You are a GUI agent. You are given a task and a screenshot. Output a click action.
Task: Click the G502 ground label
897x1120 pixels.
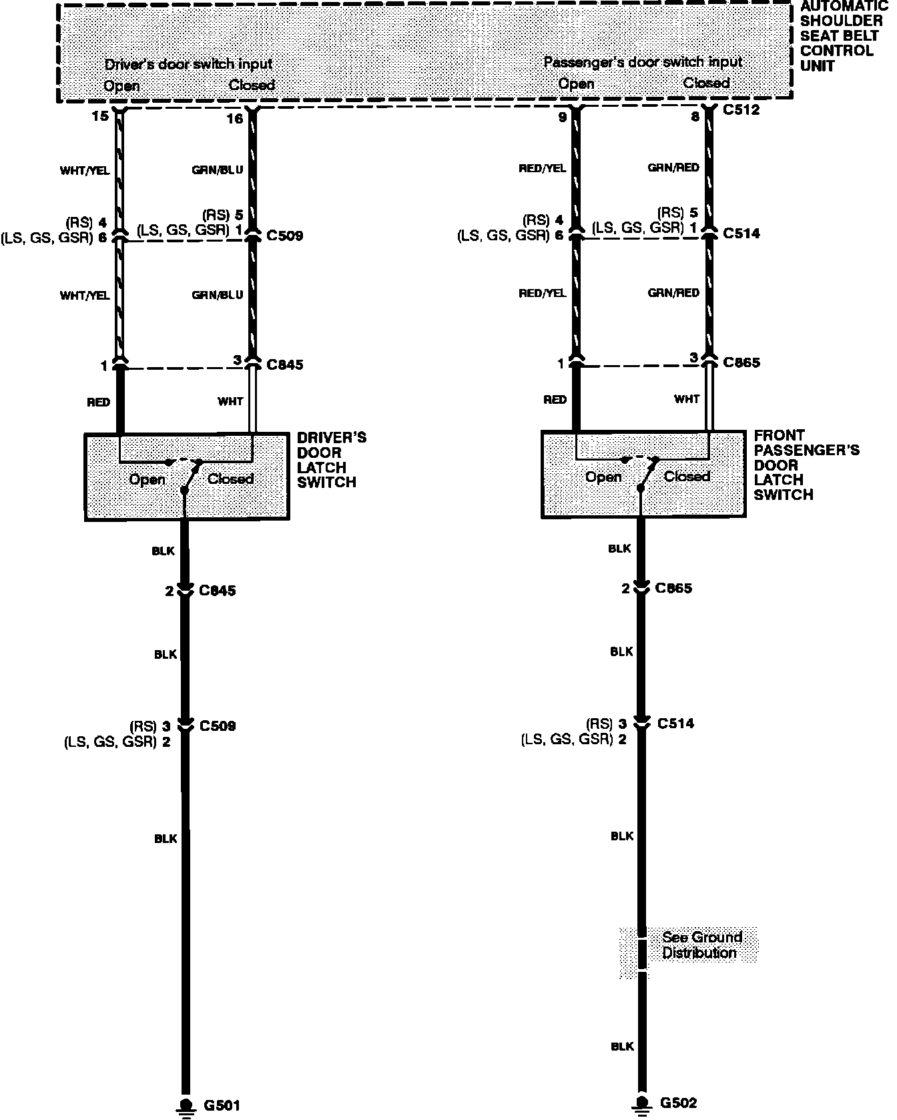[x=678, y=1103]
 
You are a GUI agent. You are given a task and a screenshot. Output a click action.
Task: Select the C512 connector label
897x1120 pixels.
[x=741, y=109]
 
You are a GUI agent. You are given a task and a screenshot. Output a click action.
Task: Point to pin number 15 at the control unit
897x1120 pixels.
[x=99, y=117]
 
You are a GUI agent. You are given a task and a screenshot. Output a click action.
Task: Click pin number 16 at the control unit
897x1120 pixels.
[x=234, y=119]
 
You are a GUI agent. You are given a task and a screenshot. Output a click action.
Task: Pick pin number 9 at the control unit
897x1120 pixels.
[x=562, y=117]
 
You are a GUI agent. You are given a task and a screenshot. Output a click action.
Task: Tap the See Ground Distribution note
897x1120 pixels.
[x=701, y=945]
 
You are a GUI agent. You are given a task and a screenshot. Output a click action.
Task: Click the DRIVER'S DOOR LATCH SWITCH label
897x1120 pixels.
[x=331, y=460]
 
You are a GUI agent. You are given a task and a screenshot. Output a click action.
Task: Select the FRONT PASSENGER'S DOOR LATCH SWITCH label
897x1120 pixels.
[x=806, y=465]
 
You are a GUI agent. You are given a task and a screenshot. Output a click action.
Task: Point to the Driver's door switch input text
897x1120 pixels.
[x=188, y=64]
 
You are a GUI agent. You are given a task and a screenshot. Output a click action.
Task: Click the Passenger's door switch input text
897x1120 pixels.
[x=642, y=62]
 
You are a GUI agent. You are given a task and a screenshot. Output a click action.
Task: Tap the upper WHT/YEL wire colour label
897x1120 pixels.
[x=85, y=171]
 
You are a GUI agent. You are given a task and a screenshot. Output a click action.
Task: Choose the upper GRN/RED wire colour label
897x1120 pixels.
[x=673, y=168]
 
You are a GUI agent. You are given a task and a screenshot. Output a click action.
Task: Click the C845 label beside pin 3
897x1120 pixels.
[x=284, y=364]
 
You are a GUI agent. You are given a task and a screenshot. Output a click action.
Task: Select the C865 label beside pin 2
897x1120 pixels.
[x=673, y=588]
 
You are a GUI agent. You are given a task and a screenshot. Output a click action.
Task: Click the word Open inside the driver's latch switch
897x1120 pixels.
[x=147, y=479]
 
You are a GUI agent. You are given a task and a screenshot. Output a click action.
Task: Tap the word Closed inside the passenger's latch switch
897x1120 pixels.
[x=686, y=477]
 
